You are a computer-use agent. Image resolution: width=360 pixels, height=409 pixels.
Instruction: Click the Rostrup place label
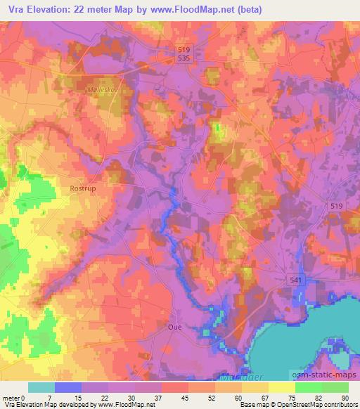point(82,189)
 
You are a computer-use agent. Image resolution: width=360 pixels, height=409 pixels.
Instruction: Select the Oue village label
point(175,327)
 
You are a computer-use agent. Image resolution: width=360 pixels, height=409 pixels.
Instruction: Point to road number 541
point(297,280)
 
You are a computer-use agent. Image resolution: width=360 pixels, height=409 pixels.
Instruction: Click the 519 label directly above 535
point(184,49)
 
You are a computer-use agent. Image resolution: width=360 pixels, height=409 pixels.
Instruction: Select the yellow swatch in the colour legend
point(282,387)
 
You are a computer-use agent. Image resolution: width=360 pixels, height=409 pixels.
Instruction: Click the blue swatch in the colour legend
point(68,387)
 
